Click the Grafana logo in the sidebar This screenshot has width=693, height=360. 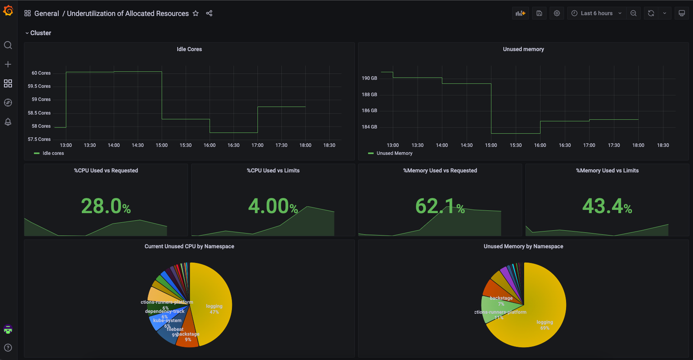(x=8, y=11)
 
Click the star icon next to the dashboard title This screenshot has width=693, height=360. (x=196, y=13)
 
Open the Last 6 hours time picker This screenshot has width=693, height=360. (x=597, y=13)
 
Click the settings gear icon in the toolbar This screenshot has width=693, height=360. (x=557, y=13)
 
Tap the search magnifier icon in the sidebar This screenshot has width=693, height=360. (x=8, y=45)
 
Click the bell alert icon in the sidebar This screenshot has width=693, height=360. (x=8, y=122)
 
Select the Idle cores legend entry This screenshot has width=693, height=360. (x=53, y=153)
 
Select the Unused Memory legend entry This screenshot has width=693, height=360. (x=394, y=153)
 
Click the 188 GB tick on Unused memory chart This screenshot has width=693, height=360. (x=369, y=94)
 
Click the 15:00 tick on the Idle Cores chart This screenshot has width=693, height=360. (x=162, y=145)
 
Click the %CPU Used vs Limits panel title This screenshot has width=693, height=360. (x=273, y=170)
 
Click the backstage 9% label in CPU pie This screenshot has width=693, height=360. (x=188, y=337)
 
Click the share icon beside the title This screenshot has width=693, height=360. (x=209, y=13)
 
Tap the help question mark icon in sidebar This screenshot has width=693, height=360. (x=8, y=347)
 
